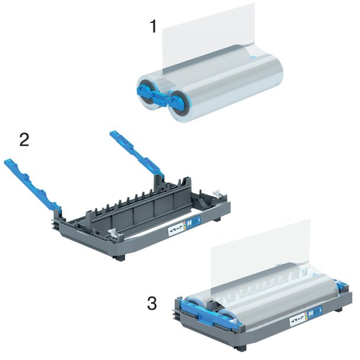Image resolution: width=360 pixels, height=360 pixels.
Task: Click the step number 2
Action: [25, 139]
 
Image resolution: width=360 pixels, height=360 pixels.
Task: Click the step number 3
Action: [152, 304]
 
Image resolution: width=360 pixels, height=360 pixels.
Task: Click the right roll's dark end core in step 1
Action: [178, 103]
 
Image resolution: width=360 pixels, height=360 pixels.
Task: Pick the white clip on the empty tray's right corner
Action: [217, 194]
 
